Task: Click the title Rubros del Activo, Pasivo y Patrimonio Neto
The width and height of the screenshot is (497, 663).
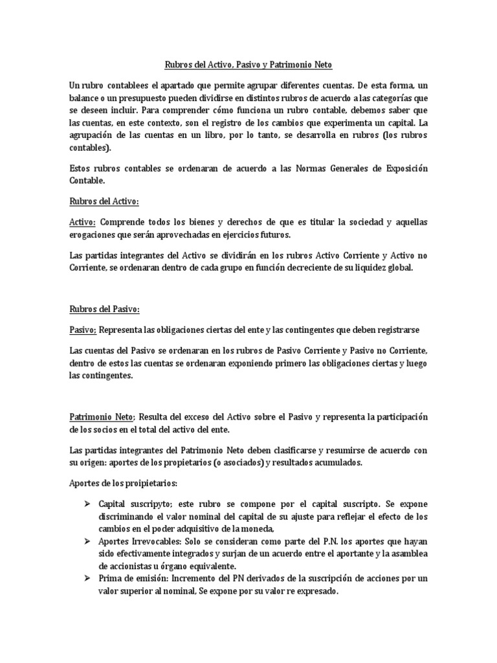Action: coord(248,65)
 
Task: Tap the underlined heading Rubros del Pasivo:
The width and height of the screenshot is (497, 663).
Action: coord(104,311)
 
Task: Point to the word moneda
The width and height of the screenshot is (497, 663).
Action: coord(247,528)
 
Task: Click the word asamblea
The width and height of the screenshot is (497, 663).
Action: coord(408,554)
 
